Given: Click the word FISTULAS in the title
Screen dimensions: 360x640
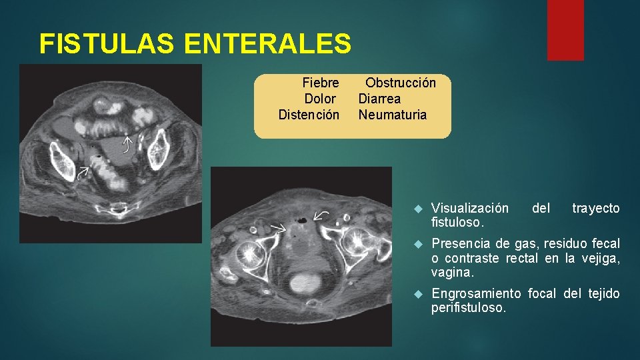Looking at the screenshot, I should pyautogui.click(x=106, y=44).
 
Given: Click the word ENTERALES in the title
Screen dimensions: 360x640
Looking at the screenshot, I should pyautogui.click(x=267, y=44).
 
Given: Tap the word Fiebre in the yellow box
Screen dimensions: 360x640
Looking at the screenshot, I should pyautogui.click(x=320, y=83).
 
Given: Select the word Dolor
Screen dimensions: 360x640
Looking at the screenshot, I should pyautogui.click(x=320, y=99).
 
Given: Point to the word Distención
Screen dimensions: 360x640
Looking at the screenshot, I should pyautogui.click(x=309, y=115).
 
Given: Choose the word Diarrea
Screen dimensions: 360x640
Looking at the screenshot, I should pyautogui.click(x=379, y=99).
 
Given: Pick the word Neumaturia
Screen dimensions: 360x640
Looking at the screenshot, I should pyautogui.click(x=392, y=115).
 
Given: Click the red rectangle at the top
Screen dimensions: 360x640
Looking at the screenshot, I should pyautogui.click(x=565, y=29).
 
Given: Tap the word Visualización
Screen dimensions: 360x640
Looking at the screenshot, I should pyautogui.click(x=470, y=209).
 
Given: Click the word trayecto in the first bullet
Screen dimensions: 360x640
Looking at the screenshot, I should pyautogui.click(x=595, y=209).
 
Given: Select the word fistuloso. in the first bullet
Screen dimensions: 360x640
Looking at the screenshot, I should pyautogui.click(x=458, y=221).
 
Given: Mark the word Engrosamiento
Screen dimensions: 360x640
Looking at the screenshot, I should pyautogui.click(x=477, y=294).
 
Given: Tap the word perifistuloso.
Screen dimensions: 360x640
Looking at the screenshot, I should pyautogui.click(x=469, y=309).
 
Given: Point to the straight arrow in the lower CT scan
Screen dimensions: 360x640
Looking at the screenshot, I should pyautogui.click(x=278, y=227).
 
